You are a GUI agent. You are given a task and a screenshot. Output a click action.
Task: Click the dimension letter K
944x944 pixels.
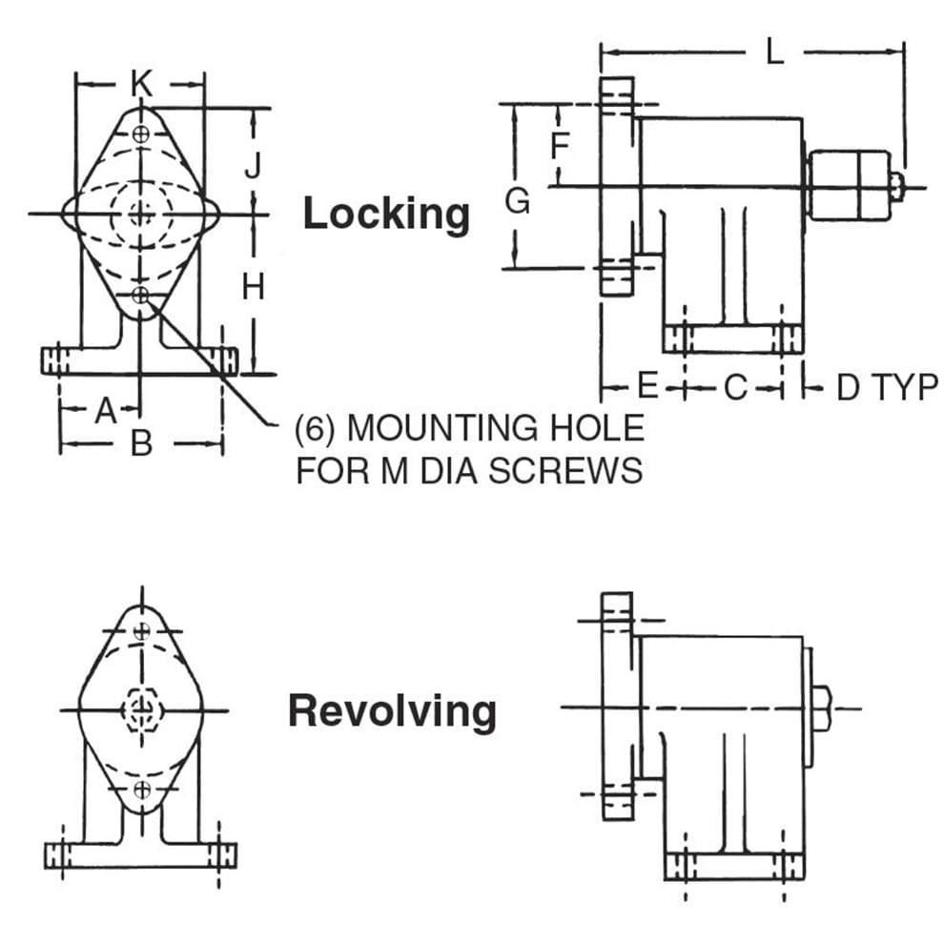[141, 84]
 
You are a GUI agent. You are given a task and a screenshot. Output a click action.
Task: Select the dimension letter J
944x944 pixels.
[253, 166]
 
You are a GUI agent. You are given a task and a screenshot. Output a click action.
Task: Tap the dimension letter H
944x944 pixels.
[253, 285]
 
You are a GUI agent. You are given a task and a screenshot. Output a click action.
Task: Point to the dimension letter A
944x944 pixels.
[106, 411]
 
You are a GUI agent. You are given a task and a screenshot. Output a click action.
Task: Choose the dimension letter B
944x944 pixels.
[141, 443]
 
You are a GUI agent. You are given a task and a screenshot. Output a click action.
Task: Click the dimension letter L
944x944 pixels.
[774, 51]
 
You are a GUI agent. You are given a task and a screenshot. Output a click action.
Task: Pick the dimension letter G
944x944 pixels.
[517, 201]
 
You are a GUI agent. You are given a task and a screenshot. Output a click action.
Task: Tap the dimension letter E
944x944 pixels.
[647, 386]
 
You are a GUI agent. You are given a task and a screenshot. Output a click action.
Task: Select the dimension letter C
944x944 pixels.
[735, 387]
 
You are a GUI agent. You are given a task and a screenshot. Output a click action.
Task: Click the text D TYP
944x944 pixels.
[887, 387]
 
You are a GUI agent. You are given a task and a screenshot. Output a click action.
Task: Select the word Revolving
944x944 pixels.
[392, 711]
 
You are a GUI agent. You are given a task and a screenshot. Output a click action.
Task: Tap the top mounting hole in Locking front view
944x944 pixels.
[141, 134]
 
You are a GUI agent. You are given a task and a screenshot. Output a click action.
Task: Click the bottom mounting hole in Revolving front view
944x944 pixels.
[142, 789]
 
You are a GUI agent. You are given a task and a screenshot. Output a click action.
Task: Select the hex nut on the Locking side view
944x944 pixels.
[849, 184]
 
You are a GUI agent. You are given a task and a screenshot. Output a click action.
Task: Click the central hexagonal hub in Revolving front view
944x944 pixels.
[141, 709]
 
